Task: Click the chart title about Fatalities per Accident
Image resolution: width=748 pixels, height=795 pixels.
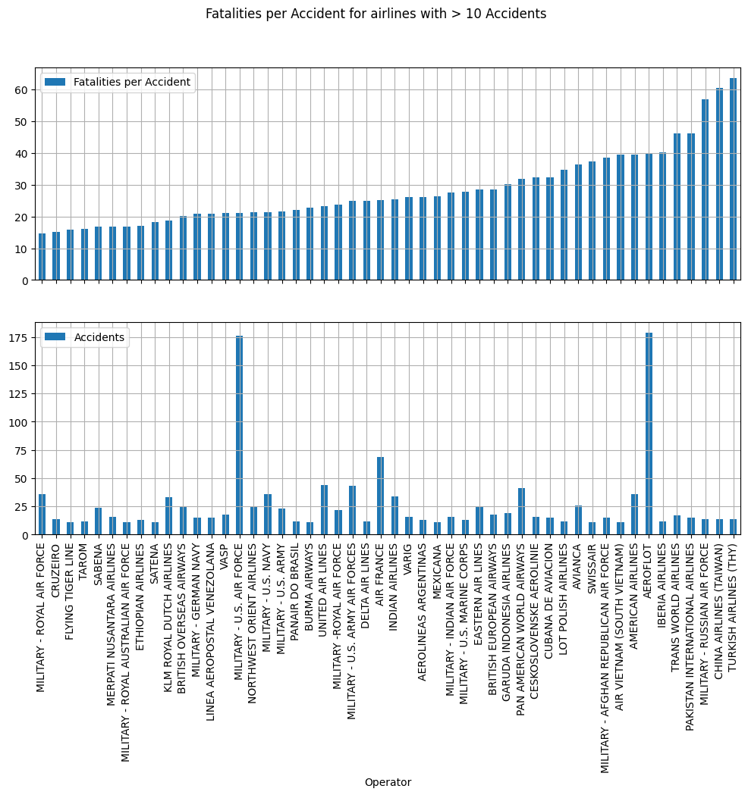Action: tap(376, 14)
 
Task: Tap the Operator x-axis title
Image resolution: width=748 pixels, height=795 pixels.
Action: tap(388, 782)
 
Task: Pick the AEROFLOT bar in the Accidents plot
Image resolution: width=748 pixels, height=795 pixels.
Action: tap(649, 433)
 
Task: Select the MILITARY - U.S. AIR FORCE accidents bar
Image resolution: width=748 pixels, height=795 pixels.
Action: tap(239, 435)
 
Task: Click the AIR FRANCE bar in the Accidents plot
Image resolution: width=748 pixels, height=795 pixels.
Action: tap(381, 496)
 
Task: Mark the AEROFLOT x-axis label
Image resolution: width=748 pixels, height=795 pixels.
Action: tap(649, 565)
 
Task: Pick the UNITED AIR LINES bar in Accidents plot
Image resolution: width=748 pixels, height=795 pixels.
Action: tap(324, 510)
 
